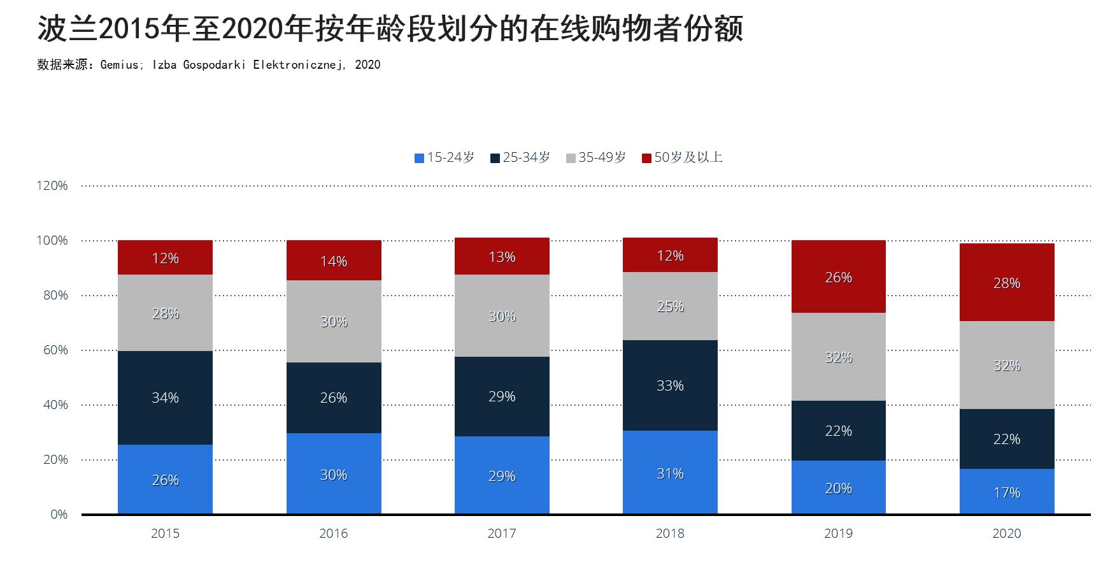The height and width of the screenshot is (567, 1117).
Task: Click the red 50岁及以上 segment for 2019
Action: [838, 276]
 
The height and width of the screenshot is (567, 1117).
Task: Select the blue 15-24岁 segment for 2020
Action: [1006, 491]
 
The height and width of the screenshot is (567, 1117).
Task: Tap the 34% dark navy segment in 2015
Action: [165, 398]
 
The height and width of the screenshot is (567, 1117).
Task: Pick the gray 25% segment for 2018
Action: [670, 306]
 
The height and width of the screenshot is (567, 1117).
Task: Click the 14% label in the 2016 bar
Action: [334, 261]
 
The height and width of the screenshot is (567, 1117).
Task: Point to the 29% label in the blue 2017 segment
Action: [502, 476]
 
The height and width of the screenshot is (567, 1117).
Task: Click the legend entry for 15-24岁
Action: [445, 157]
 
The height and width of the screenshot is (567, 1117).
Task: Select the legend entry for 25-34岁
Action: [520, 157]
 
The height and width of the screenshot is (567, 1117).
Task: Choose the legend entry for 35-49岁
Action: [596, 157]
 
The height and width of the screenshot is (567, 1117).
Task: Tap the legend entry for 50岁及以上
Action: [682, 157]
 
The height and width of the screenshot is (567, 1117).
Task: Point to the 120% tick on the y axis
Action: [52, 185]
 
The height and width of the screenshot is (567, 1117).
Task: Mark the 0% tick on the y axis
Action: [59, 514]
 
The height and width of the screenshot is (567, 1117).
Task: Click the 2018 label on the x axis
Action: [670, 533]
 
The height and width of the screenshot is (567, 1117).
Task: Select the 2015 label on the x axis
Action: [165, 533]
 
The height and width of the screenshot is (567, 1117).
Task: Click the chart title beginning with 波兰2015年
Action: [390, 29]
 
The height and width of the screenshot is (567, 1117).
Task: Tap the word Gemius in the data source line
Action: [118, 64]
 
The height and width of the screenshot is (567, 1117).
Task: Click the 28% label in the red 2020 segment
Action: [1006, 283]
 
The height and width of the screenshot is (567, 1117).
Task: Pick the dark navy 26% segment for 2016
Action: [334, 398]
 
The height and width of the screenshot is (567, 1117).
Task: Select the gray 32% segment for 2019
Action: [838, 357]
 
